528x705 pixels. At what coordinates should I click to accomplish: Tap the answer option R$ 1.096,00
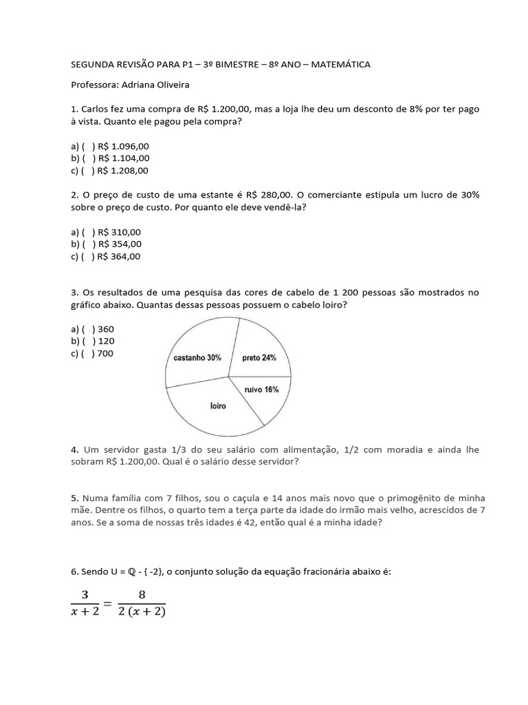(123, 146)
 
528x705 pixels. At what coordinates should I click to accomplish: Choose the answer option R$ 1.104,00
(123, 158)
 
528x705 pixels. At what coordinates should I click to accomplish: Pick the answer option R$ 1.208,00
(123, 171)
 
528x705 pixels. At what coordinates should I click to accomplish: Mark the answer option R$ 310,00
(120, 232)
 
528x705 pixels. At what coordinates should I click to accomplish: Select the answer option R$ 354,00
(120, 244)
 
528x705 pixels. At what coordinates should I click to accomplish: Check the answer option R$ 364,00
(120, 256)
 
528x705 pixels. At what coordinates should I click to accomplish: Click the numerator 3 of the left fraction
(85, 595)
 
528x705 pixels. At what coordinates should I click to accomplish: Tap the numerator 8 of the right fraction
(142, 595)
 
